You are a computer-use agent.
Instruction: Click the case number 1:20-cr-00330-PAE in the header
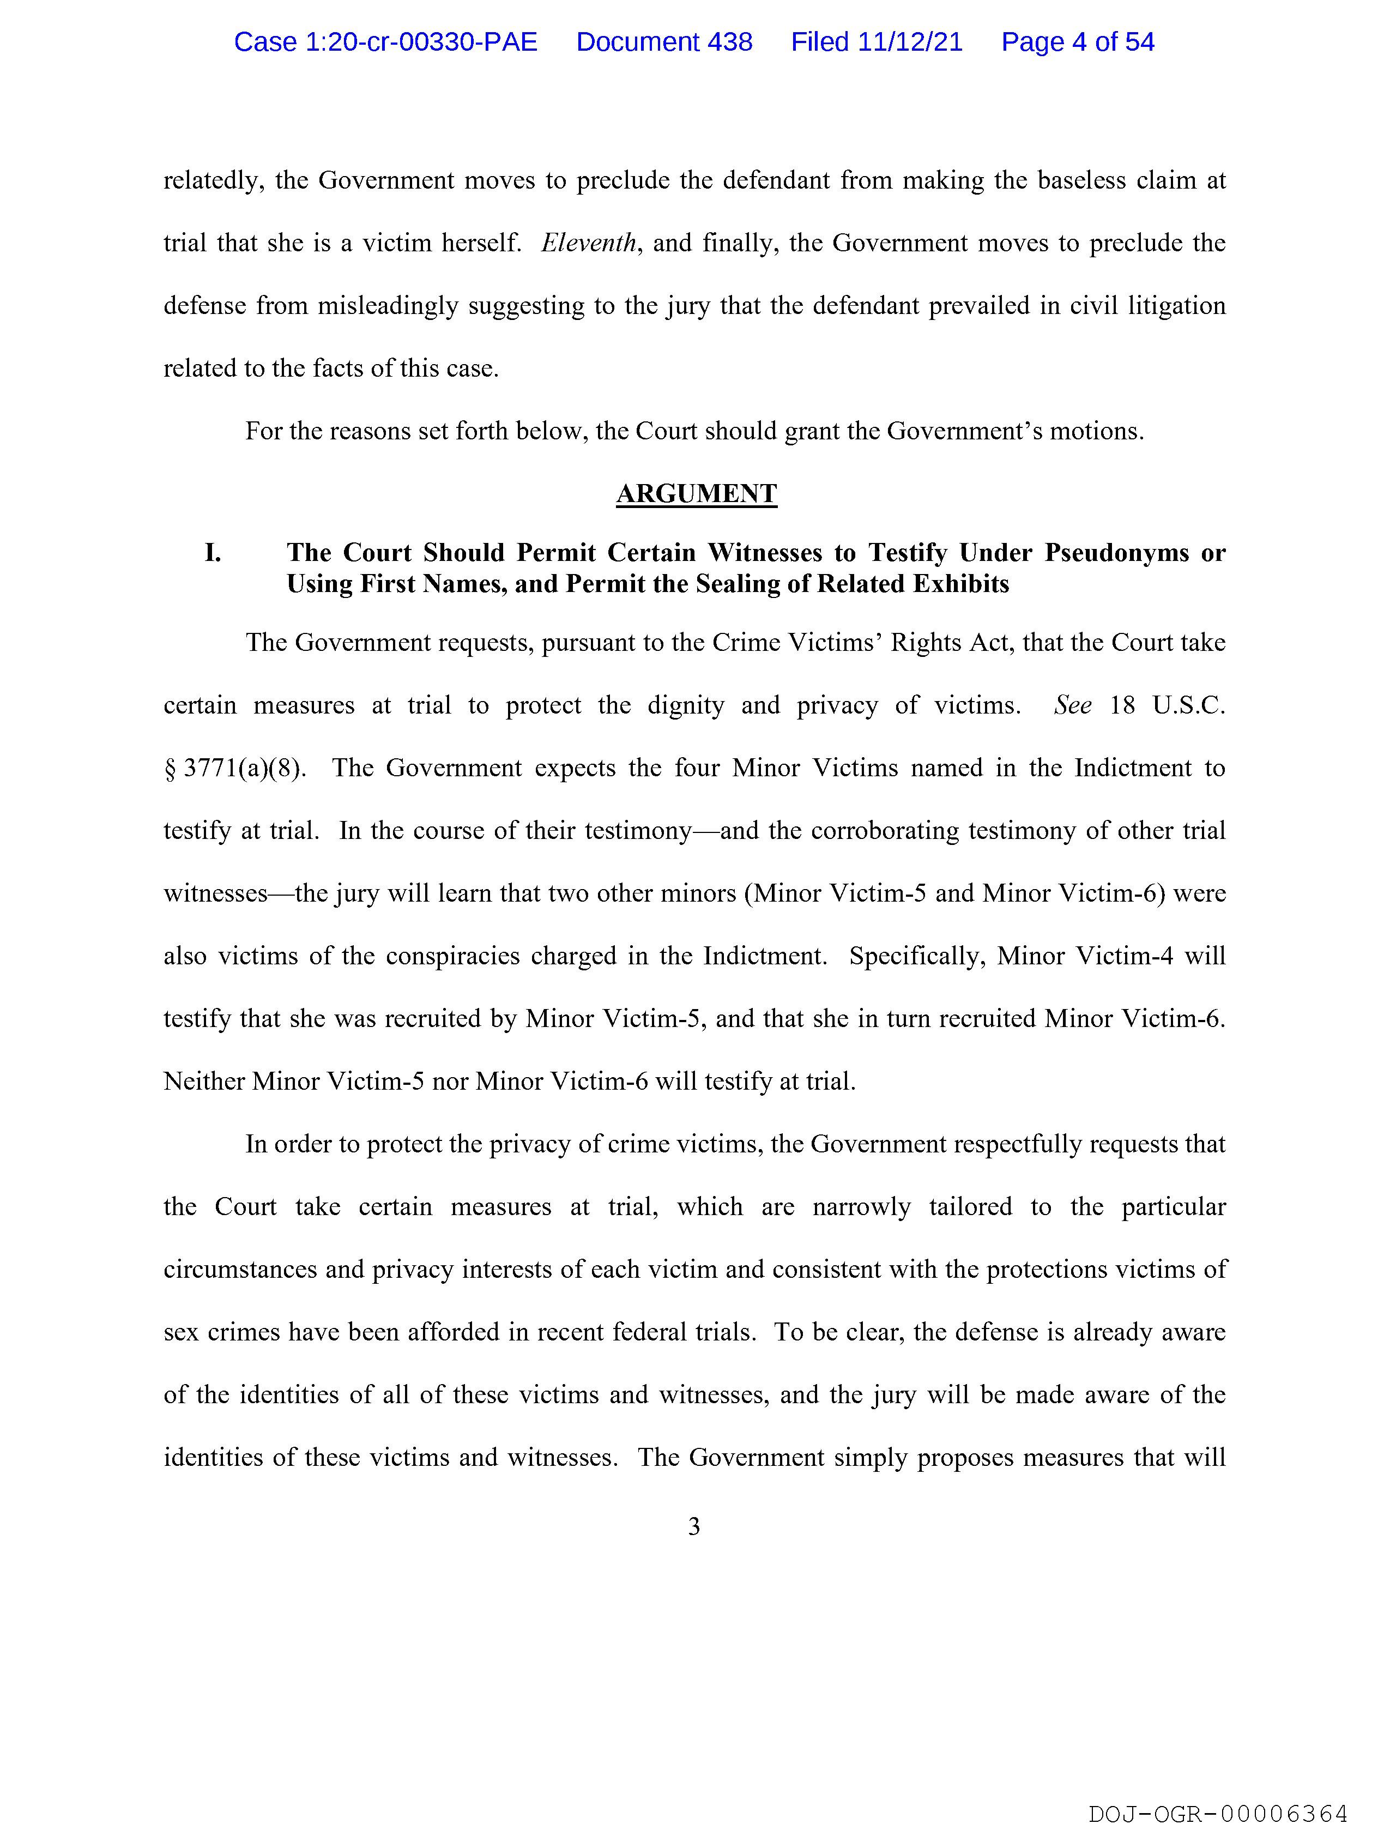[x=385, y=42]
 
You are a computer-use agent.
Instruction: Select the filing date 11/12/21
[x=910, y=42]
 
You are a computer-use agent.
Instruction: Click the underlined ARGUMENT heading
[x=696, y=494]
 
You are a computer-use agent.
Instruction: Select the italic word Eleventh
[x=588, y=243]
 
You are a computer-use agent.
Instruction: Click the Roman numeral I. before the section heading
[x=213, y=553]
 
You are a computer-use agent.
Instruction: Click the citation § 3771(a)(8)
[x=234, y=769]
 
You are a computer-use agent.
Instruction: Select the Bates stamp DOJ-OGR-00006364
[x=1218, y=1813]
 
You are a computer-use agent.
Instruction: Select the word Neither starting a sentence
[x=203, y=1082]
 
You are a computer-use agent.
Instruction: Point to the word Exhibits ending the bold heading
[x=962, y=584]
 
